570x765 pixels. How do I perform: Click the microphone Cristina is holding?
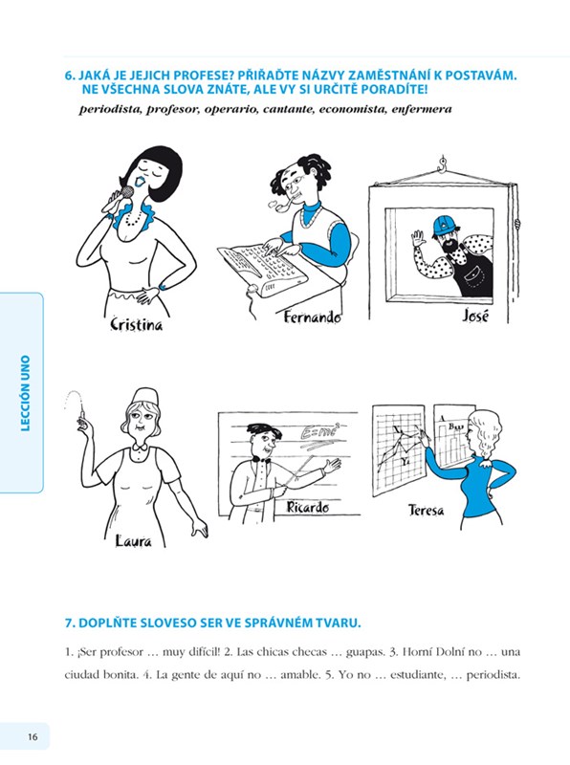coord(126,194)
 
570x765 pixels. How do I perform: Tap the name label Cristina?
coord(137,324)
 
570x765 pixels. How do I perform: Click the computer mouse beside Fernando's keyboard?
coord(252,288)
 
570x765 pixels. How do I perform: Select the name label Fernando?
coord(313,317)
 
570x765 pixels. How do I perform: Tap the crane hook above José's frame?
coord(443,164)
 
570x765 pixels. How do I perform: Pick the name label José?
coord(475,317)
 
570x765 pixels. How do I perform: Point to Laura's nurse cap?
coord(145,396)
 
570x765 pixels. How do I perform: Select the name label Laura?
coord(134,540)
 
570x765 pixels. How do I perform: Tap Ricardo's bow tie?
coord(265,459)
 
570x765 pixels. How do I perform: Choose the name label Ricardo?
coord(307,508)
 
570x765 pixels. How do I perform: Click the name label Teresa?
coord(427,511)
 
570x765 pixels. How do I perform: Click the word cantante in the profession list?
coord(289,109)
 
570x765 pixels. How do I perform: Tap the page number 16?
coord(33,736)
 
